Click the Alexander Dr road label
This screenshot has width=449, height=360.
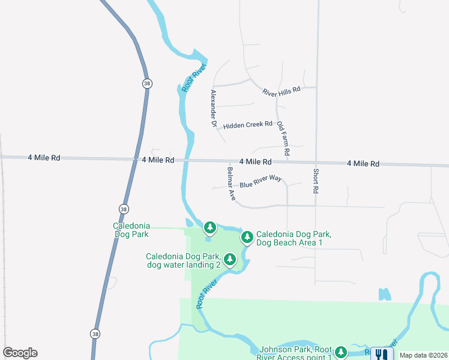(x=213, y=108)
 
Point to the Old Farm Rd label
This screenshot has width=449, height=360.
(x=283, y=139)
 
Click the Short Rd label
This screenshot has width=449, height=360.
(x=315, y=181)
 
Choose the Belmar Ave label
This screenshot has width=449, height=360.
(x=231, y=184)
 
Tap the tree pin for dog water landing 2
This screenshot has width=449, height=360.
(x=229, y=260)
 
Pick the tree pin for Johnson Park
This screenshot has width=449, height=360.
(x=341, y=352)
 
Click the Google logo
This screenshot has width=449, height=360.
(x=20, y=353)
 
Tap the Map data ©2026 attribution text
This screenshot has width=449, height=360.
(x=424, y=355)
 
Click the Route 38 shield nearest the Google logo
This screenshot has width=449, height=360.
(x=95, y=333)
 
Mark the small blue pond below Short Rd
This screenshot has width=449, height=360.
(x=385, y=294)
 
